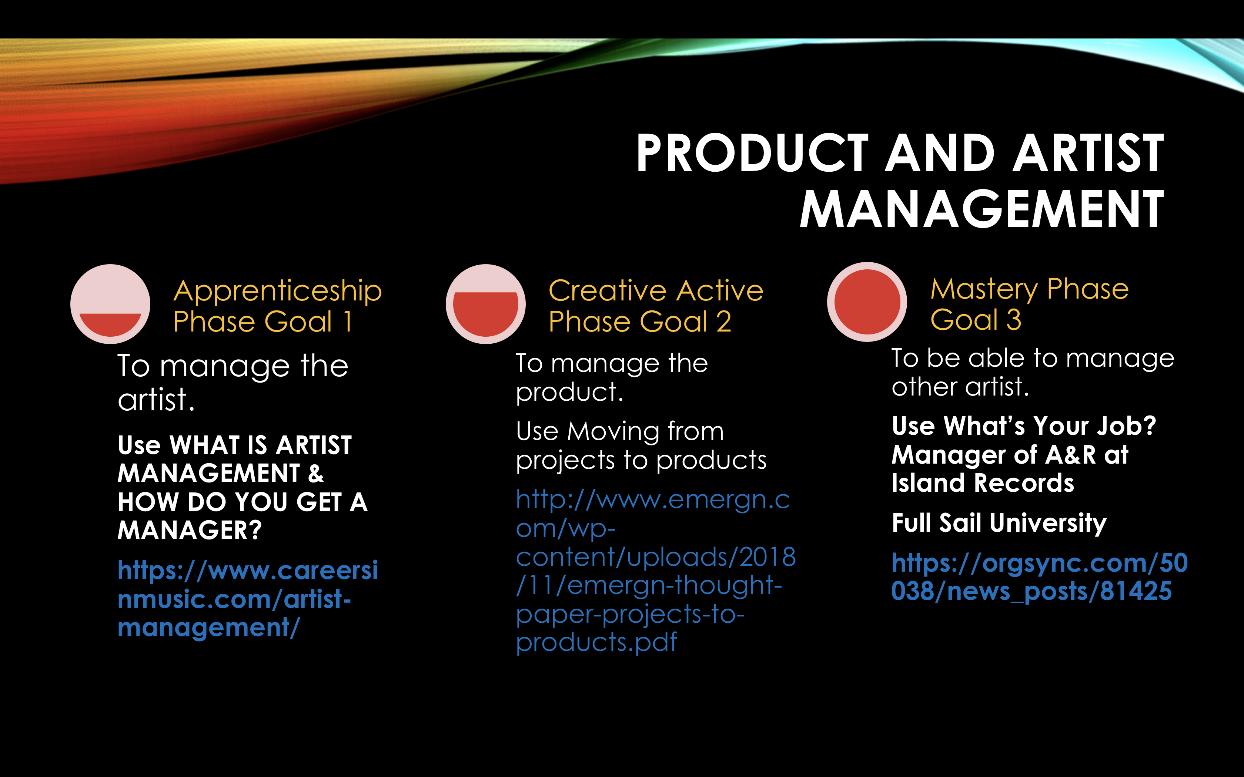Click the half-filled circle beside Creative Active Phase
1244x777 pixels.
[x=486, y=304]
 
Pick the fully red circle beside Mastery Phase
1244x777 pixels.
[x=867, y=302]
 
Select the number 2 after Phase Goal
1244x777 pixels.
[x=723, y=322]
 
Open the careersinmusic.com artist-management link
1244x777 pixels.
[x=248, y=599]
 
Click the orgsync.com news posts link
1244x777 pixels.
[x=1039, y=576]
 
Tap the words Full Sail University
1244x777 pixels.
[x=999, y=523]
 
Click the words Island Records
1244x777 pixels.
[x=983, y=483]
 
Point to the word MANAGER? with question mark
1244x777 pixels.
[x=190, y=530]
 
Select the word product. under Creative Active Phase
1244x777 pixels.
[x=569, y=393]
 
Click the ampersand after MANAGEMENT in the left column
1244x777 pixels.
[x=315, y=473]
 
